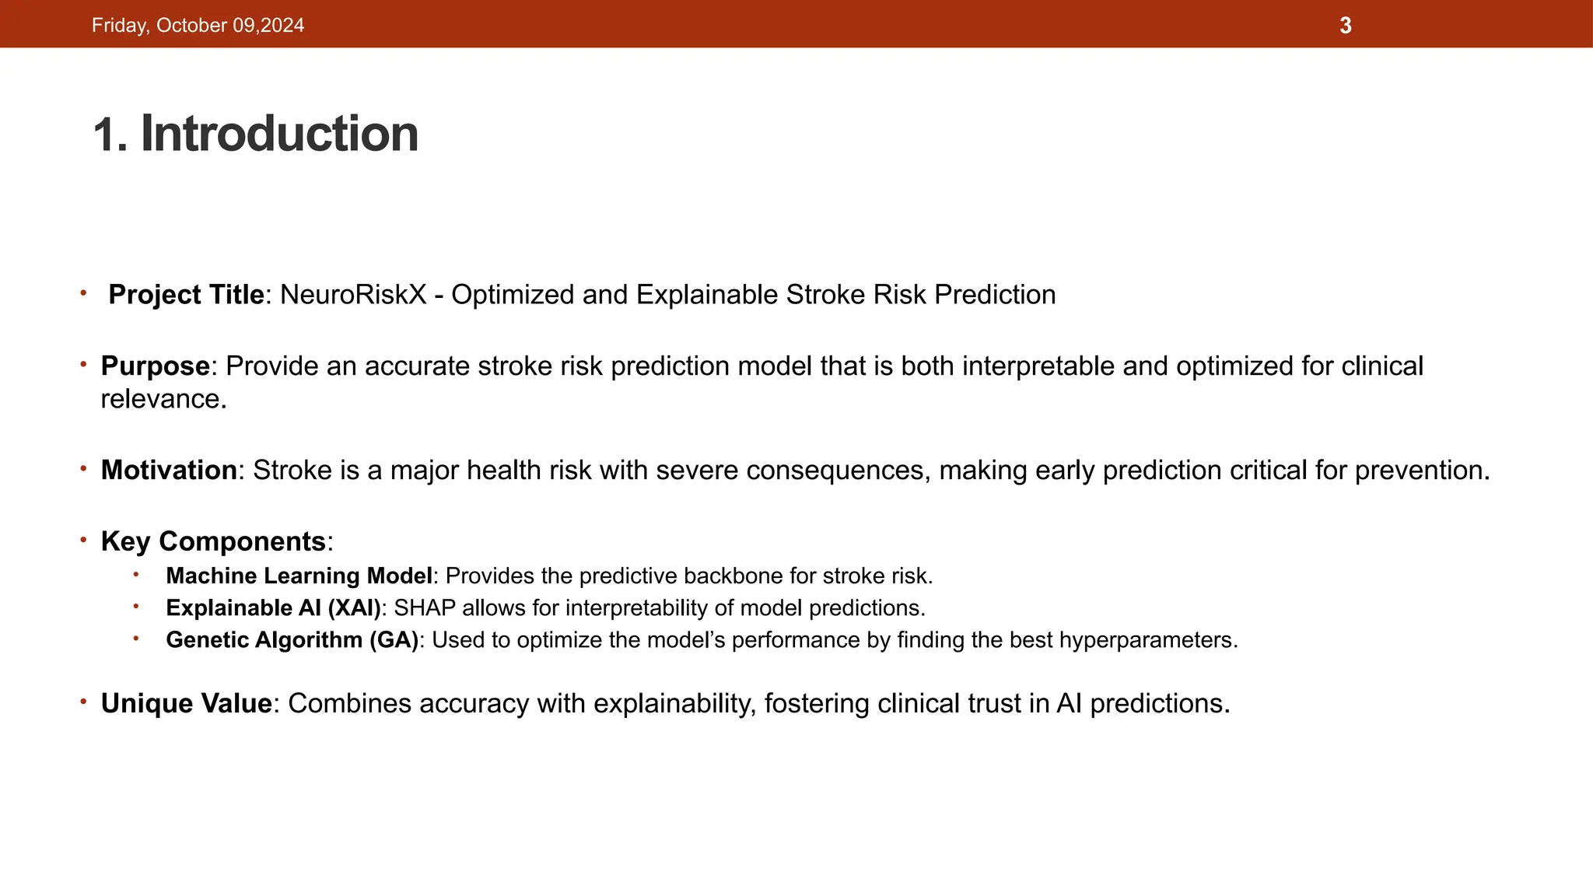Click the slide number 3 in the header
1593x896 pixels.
(x=1346, y=26)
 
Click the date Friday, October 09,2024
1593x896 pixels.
(x=198, y=26)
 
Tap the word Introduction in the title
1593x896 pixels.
(x=279, y=134)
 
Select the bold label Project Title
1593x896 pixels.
(x=186, y=295)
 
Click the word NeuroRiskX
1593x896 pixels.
(x=353, y=295)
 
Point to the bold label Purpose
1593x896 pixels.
(x=155, y=366)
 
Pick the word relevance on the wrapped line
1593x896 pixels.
(x=161, y=399)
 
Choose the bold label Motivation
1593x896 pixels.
(x=169, y=470)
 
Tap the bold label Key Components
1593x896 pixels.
(x=213, y=541)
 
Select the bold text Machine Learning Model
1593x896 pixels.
(x=299, y=576)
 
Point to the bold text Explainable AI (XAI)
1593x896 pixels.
(x=274, y=607)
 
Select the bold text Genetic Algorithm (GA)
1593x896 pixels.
(x=292, y=639)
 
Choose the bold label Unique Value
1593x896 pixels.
(x=186, y=703)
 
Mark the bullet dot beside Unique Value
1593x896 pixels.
(x=82, y=702)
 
